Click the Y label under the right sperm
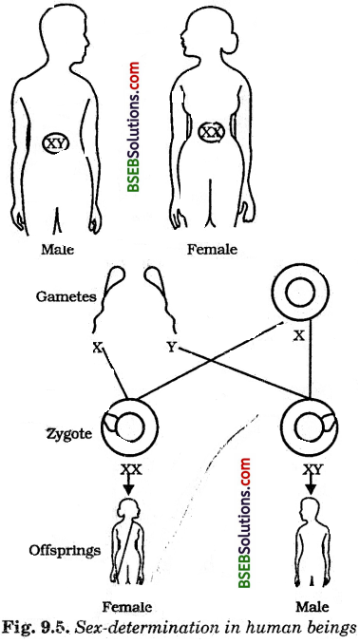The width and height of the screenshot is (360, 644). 170,348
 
